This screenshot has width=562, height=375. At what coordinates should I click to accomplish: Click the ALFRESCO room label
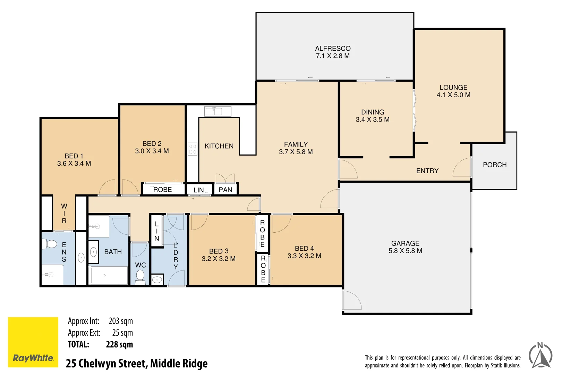coord(333,49)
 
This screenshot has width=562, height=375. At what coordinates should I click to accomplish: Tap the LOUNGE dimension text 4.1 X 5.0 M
coord(453,95)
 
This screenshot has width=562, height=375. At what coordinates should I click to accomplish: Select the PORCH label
coord(494,165)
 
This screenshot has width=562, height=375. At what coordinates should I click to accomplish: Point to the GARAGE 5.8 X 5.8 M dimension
coord(405,251)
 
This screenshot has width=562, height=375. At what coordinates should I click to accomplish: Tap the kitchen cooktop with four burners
coord(193,149)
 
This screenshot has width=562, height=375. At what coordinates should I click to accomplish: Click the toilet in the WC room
coord(140,277)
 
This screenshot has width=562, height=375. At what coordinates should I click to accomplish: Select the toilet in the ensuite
coord(50,244)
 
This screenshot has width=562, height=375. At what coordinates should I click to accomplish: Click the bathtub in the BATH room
coord(109,275)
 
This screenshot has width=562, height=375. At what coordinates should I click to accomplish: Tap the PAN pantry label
coord(225,190)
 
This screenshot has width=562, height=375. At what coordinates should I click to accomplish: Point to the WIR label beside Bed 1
coord(64,214)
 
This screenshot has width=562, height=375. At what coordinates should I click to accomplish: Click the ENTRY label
coord(427,171)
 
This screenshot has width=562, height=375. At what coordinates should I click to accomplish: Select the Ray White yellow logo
coord(33,342)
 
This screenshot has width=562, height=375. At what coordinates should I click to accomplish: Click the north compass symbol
coord(540,356)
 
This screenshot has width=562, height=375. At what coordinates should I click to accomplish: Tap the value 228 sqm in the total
coord(119,344)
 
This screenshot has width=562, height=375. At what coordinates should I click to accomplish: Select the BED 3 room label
coord(219,251)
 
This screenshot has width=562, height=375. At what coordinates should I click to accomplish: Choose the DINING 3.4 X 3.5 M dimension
coord(373,120)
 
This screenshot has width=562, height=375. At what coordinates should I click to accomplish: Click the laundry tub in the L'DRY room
coord(157,280)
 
